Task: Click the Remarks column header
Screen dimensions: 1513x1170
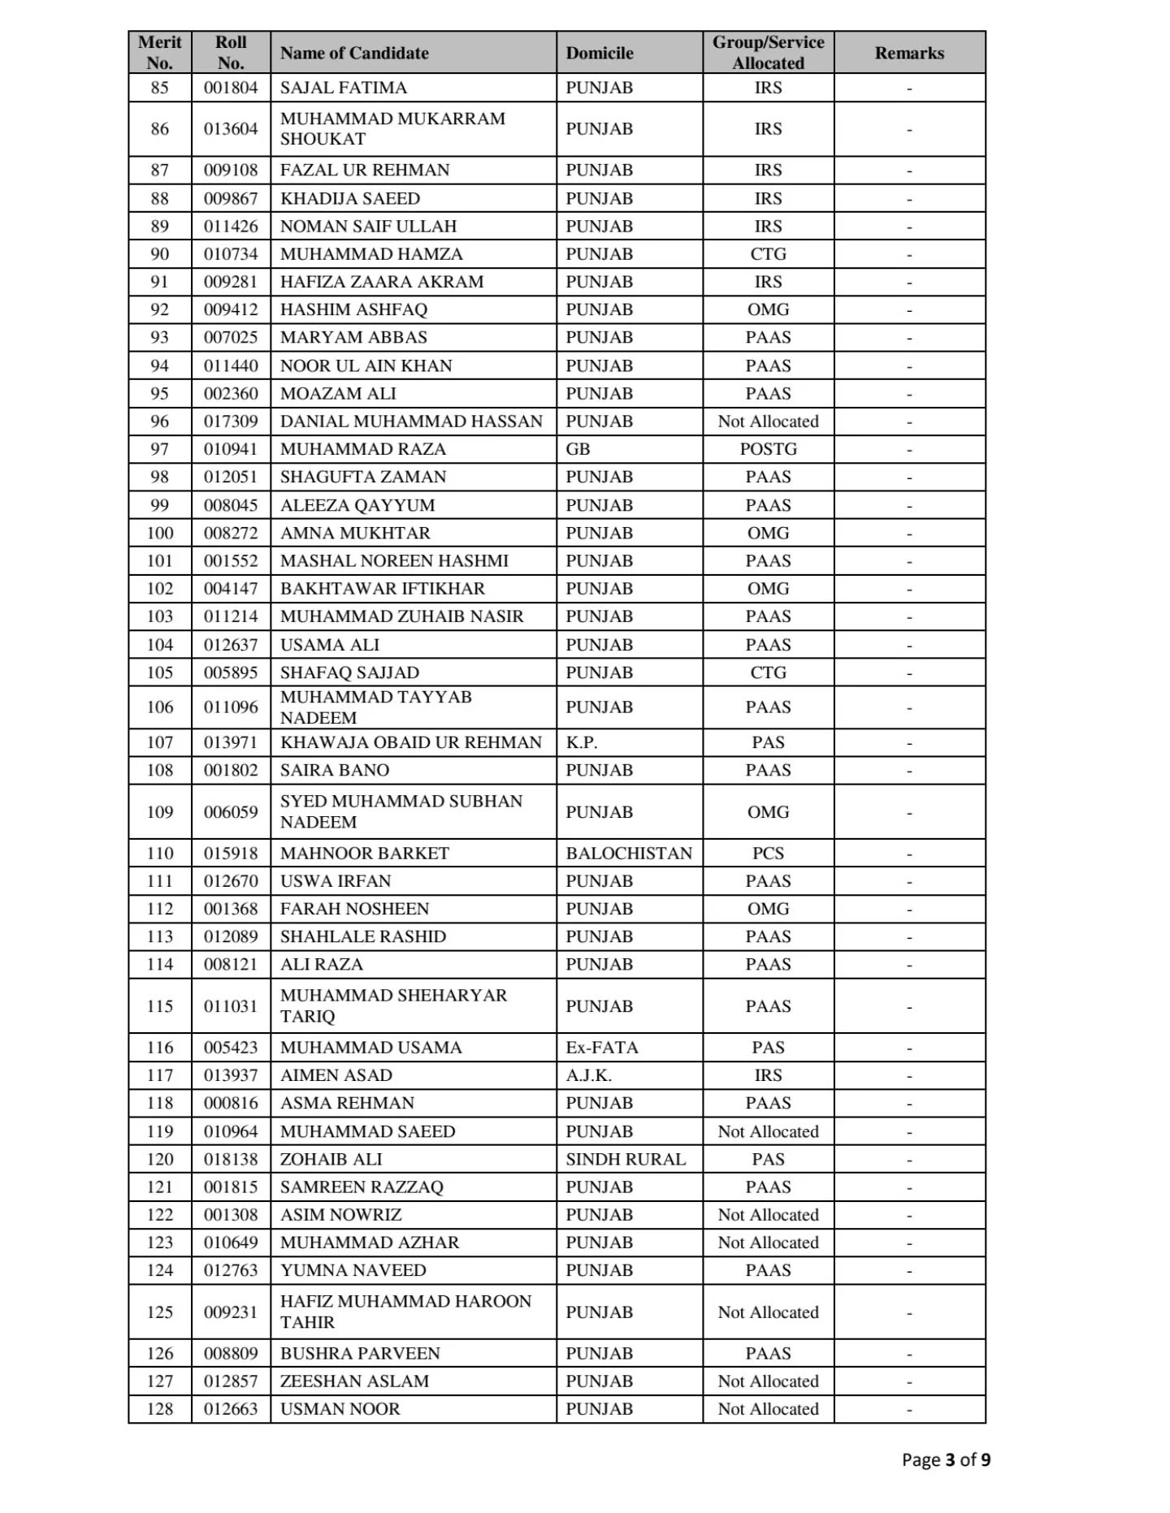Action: (908, 53)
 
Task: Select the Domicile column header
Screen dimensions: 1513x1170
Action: (599, 53)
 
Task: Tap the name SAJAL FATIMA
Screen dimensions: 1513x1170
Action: (343, 88)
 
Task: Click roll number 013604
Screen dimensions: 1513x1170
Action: (231, 128)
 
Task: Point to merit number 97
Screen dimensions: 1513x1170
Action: (159, 449)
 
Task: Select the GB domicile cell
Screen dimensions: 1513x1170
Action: (578, 449)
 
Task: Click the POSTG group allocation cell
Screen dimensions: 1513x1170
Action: (768, 449)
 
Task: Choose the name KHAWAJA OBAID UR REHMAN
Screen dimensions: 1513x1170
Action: (410, 742)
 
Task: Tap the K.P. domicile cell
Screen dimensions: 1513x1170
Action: (581, 742)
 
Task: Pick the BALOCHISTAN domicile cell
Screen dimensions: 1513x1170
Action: (629, 853)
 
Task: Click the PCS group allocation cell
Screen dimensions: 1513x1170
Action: (768, 853)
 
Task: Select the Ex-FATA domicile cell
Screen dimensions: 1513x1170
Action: (601, 1048)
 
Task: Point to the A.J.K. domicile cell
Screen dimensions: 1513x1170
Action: (588, 1075)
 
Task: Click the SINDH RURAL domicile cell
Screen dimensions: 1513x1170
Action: (626, 1159)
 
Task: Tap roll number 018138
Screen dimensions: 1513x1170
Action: (231, 1159)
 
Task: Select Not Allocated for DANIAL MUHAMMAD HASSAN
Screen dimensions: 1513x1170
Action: (768, 421)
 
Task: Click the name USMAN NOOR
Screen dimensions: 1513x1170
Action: (340, 1409)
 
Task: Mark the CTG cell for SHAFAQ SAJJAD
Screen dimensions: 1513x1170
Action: (768, 672)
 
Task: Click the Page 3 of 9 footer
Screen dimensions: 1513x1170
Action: (946, 1459)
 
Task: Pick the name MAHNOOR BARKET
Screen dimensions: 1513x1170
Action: (364, 853)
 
